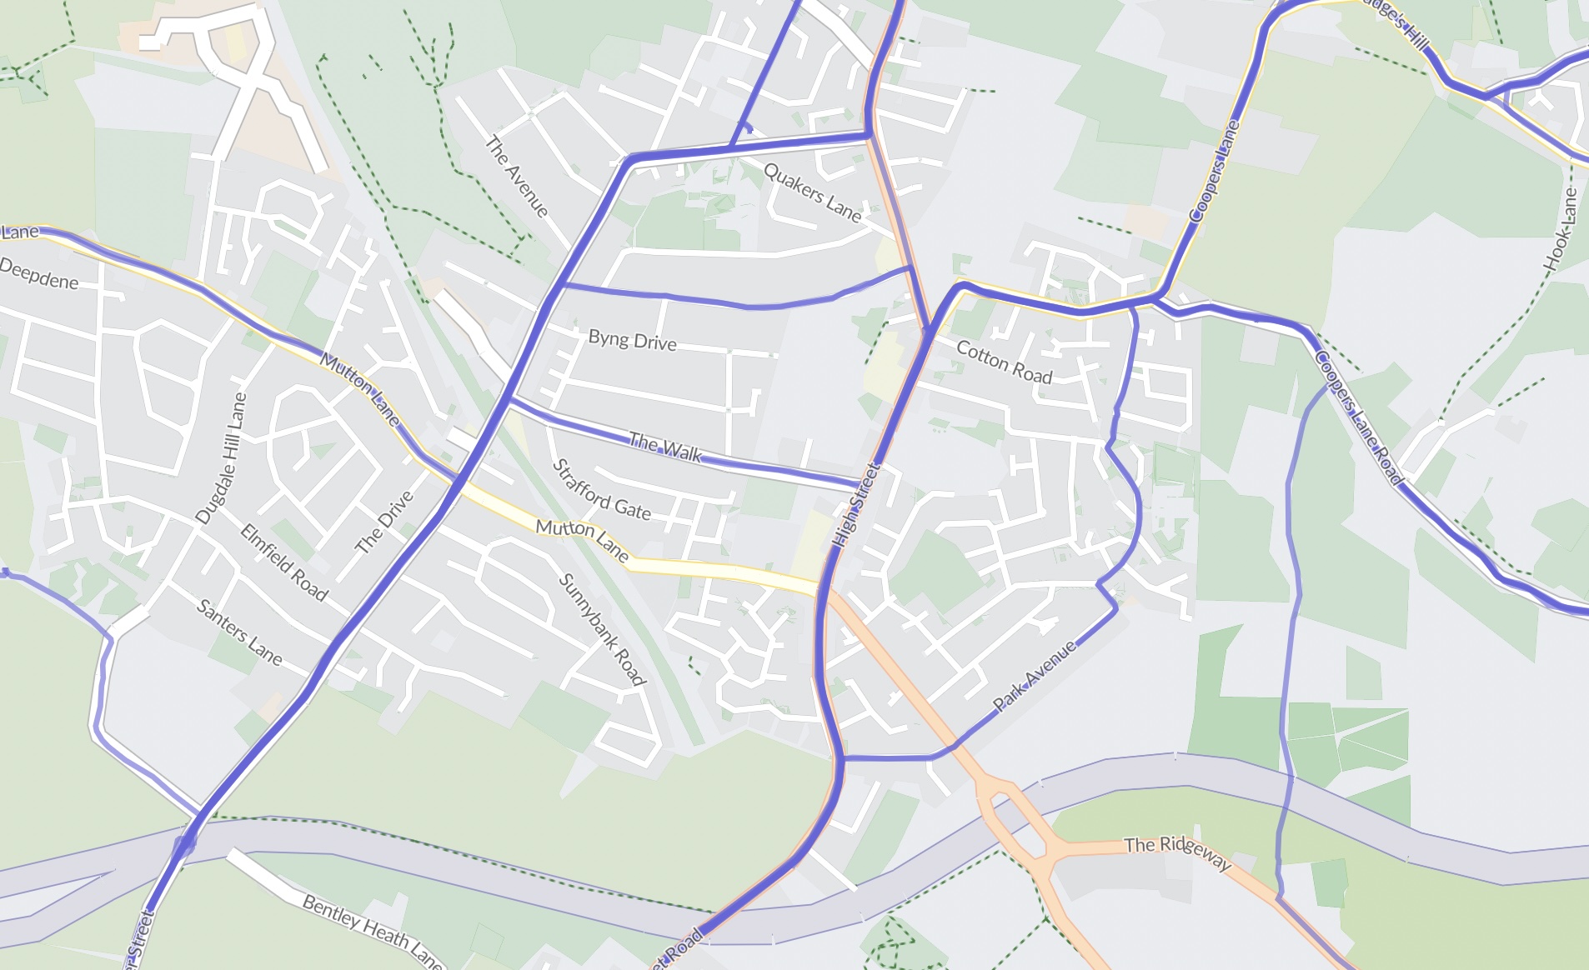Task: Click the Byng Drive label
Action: [632, 340]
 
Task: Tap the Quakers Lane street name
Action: [812, 192]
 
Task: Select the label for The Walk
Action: [665, 447]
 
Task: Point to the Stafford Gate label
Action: [601, 491]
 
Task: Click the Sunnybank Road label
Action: [602, 629]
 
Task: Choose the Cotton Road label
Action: [1004, 362]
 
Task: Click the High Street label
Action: [857, 505]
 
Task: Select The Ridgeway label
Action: [1177, 850]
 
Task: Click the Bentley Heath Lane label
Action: [372, 931]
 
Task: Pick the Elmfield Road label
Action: [284, 562]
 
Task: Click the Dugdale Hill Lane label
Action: [222, 458]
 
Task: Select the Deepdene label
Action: [39, 274]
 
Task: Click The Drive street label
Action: [384, 522]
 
